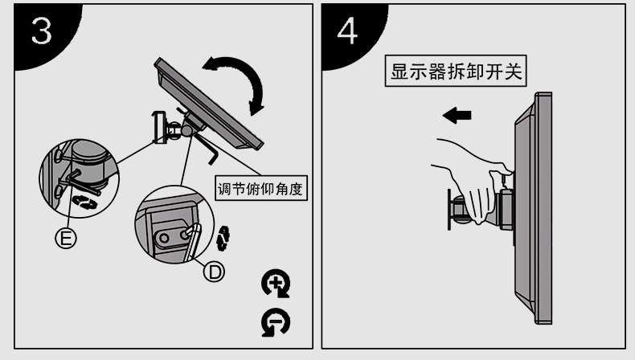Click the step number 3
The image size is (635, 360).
42,32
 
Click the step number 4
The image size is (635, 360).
347,32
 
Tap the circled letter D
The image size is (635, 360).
213,272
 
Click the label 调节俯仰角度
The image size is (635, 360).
263,190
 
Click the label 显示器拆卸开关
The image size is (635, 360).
456,72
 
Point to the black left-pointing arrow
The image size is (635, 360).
456,116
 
